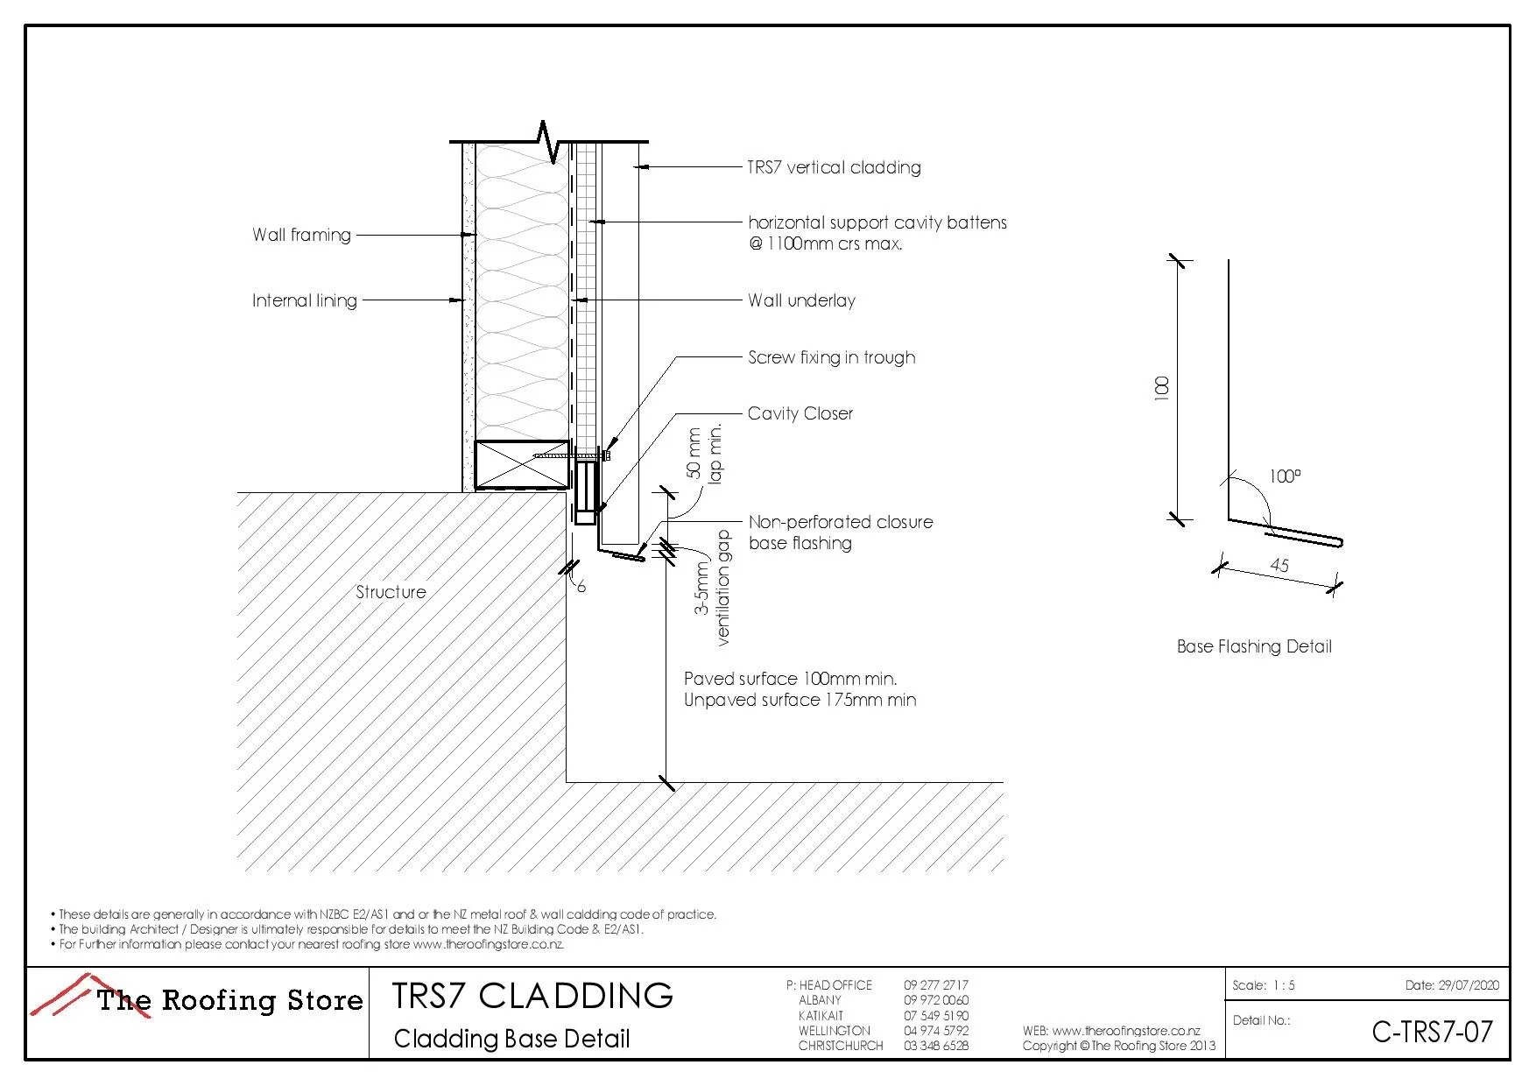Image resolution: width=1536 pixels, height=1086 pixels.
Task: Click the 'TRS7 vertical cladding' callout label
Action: [834, 167]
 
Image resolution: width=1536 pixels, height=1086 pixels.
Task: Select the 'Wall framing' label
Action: [301, 235]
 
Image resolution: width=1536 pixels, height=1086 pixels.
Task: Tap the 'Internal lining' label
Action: [305, 300]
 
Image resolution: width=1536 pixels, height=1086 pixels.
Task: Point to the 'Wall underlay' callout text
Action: [801, 300]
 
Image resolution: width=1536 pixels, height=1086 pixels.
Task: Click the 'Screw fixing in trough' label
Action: [831, 357]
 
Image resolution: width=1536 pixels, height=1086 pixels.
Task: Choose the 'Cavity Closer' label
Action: [800, 413]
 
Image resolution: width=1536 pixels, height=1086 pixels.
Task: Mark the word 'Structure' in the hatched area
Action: [391, 592]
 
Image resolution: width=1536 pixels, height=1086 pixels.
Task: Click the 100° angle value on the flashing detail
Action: [1285, 476]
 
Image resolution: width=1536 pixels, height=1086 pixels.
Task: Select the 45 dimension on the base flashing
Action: [1279, 566]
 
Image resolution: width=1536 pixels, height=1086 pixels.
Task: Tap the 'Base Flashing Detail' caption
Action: [1254, 646]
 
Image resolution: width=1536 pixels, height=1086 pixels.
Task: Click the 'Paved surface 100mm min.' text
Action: [790, 679]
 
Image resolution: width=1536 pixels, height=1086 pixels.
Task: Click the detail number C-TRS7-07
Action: [1432, 1032]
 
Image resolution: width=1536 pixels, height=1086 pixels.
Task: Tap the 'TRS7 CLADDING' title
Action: [532, 996]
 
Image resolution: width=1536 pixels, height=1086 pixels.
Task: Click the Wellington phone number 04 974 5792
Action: [936, 1031]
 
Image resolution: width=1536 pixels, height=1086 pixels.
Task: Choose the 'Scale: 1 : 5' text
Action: [1263, 985]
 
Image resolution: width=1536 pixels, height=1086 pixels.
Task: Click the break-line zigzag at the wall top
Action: [549, 142]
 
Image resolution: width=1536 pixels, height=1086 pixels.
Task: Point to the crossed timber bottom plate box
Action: [521, 464]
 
